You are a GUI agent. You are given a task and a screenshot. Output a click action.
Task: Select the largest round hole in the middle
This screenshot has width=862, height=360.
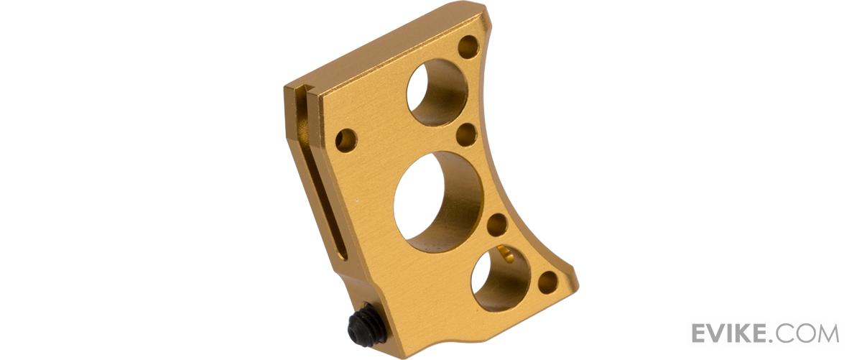click(x=439, y=202)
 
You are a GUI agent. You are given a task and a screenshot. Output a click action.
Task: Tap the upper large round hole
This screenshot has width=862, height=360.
click(x=437, y=93)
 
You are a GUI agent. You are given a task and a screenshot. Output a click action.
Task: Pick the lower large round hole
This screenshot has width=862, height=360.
click(x=501, y=278)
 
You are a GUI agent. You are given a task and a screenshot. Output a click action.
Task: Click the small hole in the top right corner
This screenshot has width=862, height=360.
click(x=468, y=47)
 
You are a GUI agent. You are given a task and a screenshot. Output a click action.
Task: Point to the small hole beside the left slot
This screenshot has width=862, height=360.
click(x=346, y=140)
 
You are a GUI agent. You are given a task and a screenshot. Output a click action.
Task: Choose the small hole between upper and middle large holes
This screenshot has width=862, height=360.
click(x=466, y=135)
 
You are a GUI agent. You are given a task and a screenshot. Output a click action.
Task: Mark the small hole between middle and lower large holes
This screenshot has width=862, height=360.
click(x=497, y=225)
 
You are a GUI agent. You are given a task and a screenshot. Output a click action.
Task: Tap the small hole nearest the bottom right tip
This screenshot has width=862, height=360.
click(x=548, y=282)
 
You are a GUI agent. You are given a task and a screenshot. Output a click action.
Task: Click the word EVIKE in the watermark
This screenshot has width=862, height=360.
click(x=730, y=333)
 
